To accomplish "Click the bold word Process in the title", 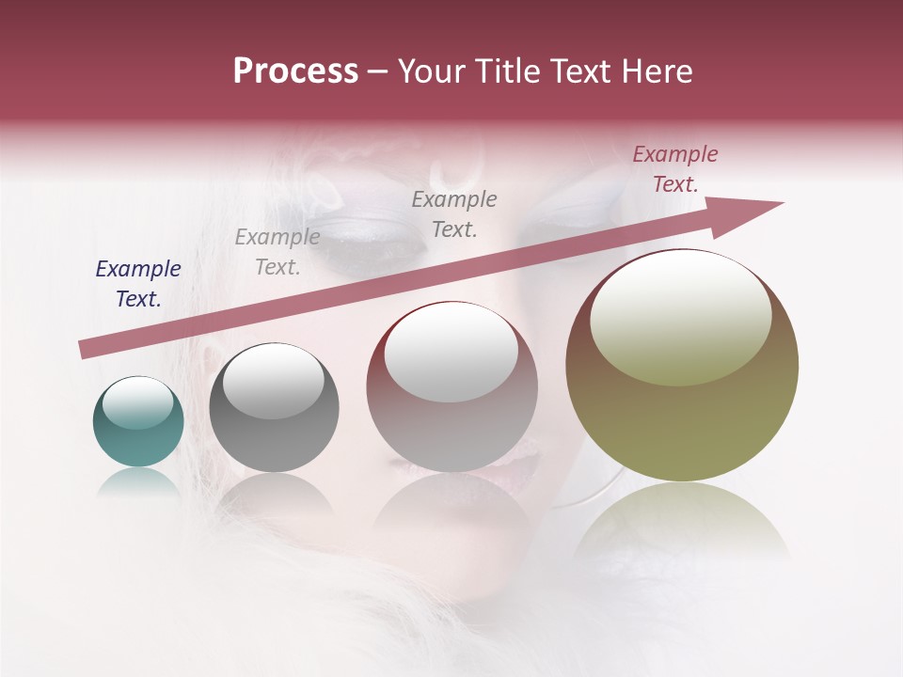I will pyautogui.click(x=295, y=71).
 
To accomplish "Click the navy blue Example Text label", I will pyautogui.click(x=138, y=284).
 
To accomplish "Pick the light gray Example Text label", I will pyautogui.click(x=277, y=252).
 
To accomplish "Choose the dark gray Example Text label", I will pyautogui.click(x=454, y=213).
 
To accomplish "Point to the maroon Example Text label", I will pyautogui.click(x=674, y=169).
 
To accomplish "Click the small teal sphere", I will pyautogui.click(x=138, y=437).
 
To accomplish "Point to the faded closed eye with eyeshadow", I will pyautogui.click(x=367, y=241).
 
